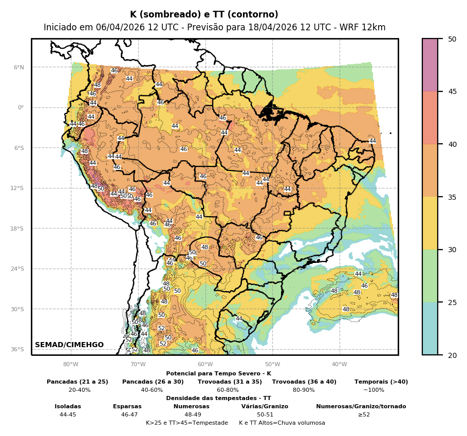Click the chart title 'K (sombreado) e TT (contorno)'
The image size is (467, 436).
(204, 15)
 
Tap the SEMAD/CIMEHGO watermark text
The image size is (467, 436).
(69, 345)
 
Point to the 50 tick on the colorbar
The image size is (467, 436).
(452, 39)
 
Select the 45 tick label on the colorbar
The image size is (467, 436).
(452, 91)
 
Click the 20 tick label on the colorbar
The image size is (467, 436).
(452, 355)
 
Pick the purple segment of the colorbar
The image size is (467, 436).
(430, 65)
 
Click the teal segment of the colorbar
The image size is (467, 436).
(430, 329)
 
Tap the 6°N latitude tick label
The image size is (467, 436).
(19, 67)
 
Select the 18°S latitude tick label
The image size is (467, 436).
(17, 229)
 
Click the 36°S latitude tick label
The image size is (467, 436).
(17, 349)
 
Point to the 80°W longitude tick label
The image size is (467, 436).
(71, 365)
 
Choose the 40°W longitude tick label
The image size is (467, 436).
(339, 365)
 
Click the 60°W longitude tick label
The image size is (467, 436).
(205, 365)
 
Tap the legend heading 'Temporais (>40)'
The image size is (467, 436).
(381, 382)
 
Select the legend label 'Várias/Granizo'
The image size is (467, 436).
(265, 406)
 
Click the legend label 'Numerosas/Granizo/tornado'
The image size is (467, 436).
(361, 406)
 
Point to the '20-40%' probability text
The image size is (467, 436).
(80, 390)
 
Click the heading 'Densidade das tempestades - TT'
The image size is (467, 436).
(218, 398)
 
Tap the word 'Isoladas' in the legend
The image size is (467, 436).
(68, 406)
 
